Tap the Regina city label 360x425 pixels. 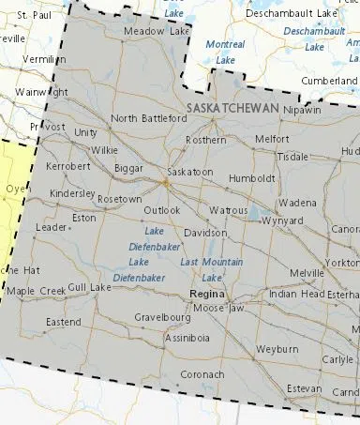pos(205,294)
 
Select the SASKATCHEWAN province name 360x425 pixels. pos(233,109)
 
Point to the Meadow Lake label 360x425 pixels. pos(157,32)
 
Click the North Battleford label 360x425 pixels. pos(149,118)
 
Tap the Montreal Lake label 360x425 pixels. pos(225,52)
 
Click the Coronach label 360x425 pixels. pos(202,374)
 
